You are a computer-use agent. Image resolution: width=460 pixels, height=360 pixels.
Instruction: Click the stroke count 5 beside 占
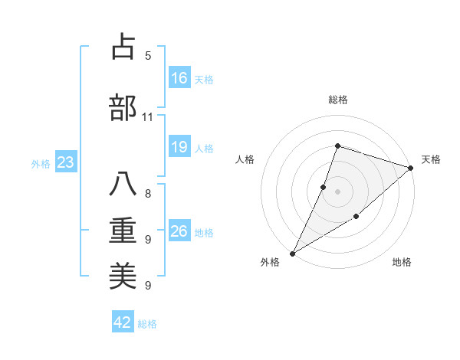(148, 56)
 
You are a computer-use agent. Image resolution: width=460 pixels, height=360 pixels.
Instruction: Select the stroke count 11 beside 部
(147, 117)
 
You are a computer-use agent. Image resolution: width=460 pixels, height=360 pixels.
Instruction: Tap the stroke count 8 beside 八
(148, 193)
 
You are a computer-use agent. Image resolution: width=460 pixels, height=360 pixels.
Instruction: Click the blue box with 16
(179, 78)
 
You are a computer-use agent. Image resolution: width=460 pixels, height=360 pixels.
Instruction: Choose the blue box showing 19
(179, 147)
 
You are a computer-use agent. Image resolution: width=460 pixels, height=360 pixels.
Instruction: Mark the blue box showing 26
(179, 231)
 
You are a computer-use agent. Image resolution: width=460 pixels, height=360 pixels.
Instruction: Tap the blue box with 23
(65, 162)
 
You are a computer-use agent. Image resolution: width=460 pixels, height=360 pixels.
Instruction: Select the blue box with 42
(123, 322)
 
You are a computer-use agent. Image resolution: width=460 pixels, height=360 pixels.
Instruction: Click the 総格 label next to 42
(148, 324)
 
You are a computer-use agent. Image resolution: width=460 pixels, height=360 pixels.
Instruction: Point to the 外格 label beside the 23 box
(41, 163)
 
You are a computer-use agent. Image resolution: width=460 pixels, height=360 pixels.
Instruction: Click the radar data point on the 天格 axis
(411, 169)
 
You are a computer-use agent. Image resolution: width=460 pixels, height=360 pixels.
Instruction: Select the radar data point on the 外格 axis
(292, 253)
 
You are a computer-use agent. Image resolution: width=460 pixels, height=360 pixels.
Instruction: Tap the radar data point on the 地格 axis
(356, 217)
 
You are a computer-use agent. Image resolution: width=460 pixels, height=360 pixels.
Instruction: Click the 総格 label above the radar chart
(338, 100)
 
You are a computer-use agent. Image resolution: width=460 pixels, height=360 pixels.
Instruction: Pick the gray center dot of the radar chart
(337, 191)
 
